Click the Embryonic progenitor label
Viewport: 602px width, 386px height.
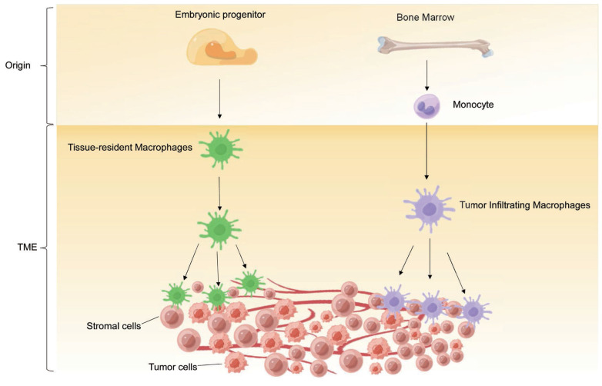[x=220, y=15]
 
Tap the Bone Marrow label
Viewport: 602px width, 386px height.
[x=425, y=17]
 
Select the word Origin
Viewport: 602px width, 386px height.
[x=18, y=65]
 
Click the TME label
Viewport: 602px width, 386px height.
[x=27, y=248]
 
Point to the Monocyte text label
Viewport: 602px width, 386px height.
[x=473, y=105]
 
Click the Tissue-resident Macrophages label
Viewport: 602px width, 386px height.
[x=130, y=147]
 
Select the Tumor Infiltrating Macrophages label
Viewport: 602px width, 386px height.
[x=525, y=205]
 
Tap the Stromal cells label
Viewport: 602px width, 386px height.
[x=114, y=326]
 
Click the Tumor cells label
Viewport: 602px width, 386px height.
[x=172, y=367]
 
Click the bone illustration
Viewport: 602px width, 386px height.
[x=435, y=47]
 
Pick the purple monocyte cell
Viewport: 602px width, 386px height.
[x=426, y=106]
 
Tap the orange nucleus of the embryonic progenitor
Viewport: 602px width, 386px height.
[x=220, y=50]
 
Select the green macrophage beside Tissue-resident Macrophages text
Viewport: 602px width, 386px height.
[x=220, y=148]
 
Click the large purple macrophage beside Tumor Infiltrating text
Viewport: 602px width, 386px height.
[x=430, y=209]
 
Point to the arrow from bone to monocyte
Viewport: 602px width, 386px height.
[x=426, y=75]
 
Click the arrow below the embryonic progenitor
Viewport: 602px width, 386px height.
[x=219, y=99]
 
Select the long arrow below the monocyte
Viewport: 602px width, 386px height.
[x=426, y=151]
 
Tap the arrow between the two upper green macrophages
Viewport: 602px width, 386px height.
[x=219, y=194]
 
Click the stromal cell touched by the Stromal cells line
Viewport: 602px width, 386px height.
[x=172, y=317]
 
